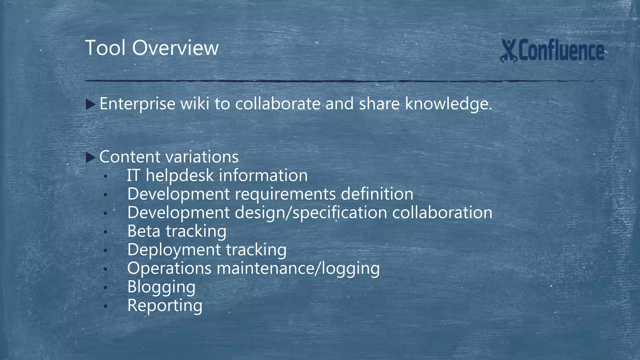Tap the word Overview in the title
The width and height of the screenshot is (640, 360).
click(x=175, y=48)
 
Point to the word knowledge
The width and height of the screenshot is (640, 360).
click(x=448, y=104)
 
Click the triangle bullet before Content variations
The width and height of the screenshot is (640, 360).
click(x=90, y=157)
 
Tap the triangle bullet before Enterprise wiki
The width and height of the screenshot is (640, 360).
click(x=90, y=104)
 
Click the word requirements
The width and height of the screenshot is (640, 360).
click(x=285, y=194)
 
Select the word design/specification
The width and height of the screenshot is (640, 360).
click(x=311, y=213)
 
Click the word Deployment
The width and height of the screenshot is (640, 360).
click(x=174, y=250)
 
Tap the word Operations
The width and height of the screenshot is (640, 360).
click(x=169, y=268)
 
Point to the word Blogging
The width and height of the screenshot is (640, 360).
click(x=161, y=287)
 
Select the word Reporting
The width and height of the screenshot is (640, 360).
click(x=165, y=306)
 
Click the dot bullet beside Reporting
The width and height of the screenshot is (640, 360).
click(x=106, y=306)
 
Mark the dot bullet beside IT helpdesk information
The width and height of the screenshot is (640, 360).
click(x=106, y=177)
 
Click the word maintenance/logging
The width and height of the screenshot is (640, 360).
click(x=298, y=268)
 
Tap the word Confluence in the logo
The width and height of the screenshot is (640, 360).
click(x=561, y=51)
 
